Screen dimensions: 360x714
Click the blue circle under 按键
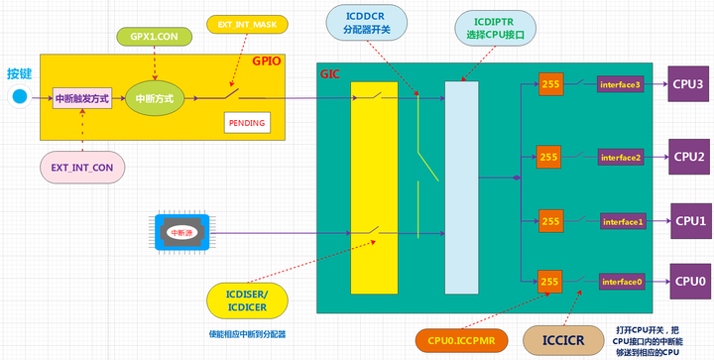[x=19, y=97]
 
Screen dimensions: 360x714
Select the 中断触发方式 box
[x=82, y=97]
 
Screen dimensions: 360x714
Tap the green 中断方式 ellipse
[x=156, y=98]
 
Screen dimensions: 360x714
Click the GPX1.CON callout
[x=154, y=36]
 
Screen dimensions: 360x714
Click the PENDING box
[x=246, y=123]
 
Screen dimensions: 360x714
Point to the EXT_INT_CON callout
[x=82, y=168]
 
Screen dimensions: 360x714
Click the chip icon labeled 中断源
[x=181, y=232]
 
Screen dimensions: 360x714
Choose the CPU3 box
[x=688, y=84]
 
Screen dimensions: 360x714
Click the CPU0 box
[x=688, y=282]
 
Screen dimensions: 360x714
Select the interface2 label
[x=622, y=157]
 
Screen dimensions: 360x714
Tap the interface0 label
[x=622, y=282]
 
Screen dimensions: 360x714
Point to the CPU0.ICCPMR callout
[x=461, y=340]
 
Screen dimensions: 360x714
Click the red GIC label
[x=330, y=74]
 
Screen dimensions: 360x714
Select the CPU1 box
[x=688, y=220]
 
